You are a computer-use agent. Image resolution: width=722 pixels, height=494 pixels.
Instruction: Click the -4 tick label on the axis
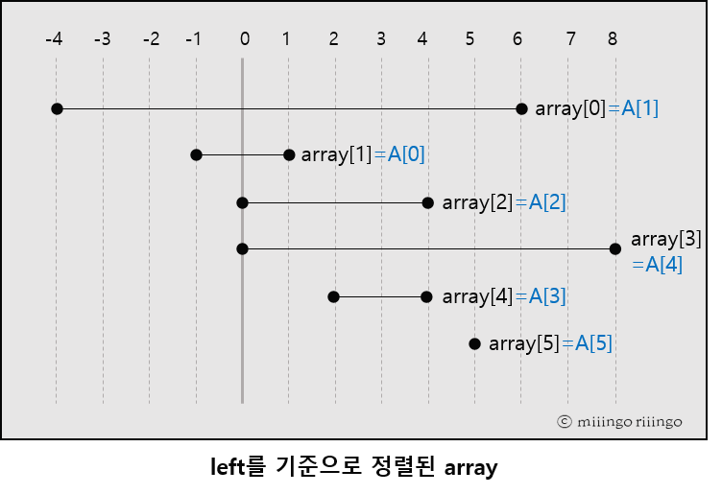tap(55, 39)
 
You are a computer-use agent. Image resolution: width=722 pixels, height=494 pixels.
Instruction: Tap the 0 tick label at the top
tap(244, 39)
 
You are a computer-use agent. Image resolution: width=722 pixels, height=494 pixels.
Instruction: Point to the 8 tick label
tap(613, 39)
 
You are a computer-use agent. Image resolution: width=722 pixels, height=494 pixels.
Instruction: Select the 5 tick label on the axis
tap(469, 39)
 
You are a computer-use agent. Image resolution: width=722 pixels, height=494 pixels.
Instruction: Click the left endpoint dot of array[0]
tap(57, 108)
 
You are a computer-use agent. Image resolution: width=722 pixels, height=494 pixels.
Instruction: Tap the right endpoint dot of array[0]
tap(521, 108)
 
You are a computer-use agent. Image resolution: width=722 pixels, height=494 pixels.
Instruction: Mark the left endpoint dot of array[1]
tap(196, 154)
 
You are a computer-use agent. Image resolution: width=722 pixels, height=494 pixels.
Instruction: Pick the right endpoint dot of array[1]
tap(289, 154)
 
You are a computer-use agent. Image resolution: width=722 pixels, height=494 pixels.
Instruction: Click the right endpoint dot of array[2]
tap(428, 202)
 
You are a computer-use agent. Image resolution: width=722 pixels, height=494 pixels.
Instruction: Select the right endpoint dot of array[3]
tap(615, 248)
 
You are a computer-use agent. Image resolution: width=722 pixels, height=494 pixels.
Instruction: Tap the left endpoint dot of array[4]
tap(334, 296)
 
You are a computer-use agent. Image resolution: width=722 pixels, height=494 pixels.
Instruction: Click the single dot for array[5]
tap(474, 342)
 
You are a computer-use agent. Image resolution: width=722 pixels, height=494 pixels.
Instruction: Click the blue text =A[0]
tap(399, 154)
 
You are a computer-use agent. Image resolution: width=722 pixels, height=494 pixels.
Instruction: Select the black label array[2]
tap(477, 202)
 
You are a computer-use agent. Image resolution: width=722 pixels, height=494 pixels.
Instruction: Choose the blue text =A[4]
tap(658, 265)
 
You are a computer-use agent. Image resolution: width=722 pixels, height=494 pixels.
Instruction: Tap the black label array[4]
tap(477, 296)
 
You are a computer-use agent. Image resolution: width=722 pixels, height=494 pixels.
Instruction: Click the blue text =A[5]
tap(587, 342)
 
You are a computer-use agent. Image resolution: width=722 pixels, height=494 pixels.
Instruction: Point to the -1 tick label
tap(194, 39)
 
